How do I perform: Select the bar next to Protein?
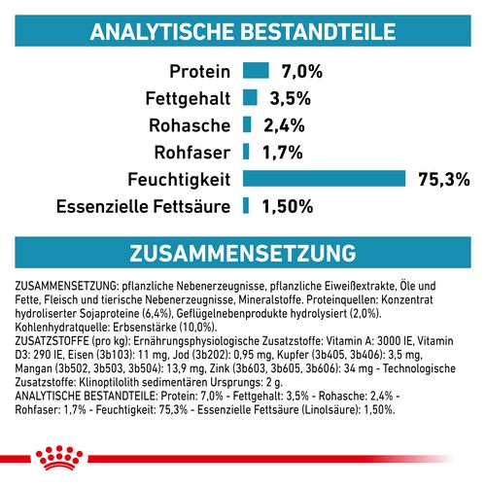[x=255, y=70]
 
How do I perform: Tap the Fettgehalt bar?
[x=250, y=97]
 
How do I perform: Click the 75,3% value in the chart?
[x=444, y=178]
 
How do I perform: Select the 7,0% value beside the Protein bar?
[x=301, y=71]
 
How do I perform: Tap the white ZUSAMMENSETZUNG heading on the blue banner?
[x=242, y=253]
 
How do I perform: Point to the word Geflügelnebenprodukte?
[x=254, y=313]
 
